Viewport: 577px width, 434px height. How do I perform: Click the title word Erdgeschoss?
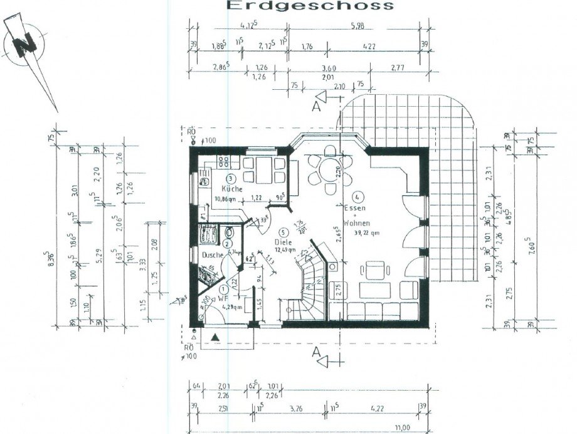[x=310, y=6]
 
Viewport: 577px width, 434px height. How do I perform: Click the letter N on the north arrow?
[x=25, y=45]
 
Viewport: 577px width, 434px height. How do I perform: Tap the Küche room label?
[x=231, y=188]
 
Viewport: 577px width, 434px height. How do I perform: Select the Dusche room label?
[x=211, y=255]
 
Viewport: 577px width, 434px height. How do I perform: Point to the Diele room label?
[x=284, y=241]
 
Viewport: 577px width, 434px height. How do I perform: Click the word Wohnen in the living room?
[x=357, y=223]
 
